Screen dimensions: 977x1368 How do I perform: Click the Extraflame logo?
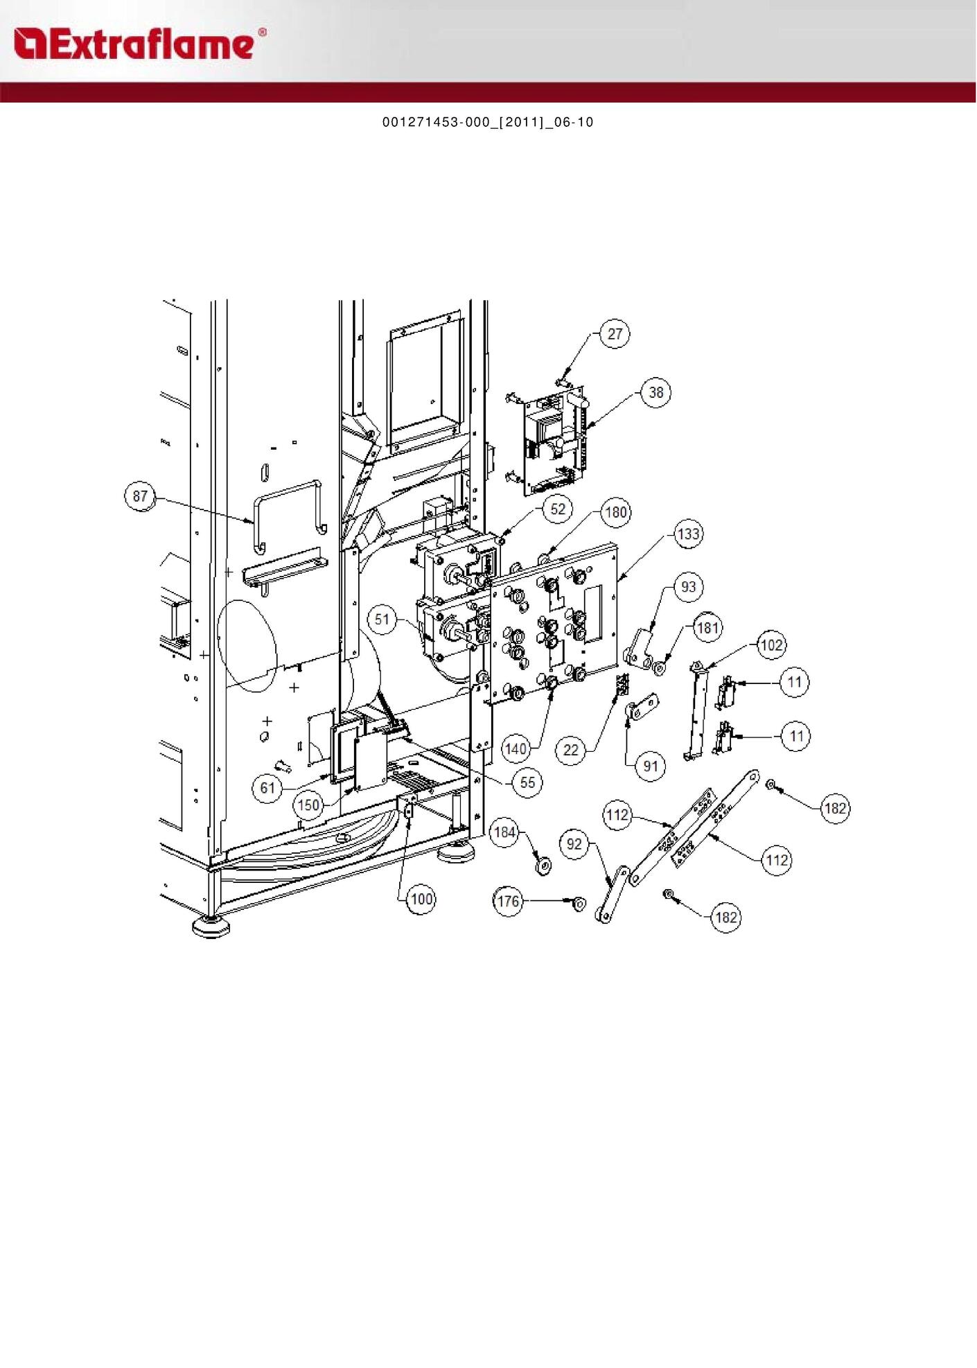pyautogui.click(x=139, y=43)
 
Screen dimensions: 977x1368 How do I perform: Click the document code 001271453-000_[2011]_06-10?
pyautogui.click(x=488, y=123)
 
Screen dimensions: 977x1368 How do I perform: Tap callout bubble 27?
pyautogui.click(x=615, y=334)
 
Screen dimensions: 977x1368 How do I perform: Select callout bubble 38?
pyautogui.click(x=655, y=393)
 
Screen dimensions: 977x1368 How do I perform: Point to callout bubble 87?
pyautogui.click(x=140, y=496)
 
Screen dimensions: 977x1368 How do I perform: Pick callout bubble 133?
pyautogui.click(x=688, y=534)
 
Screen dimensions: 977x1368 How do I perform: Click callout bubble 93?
pyautogui.click(x=688, y=587)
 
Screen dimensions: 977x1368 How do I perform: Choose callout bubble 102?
pyautogui.click(x=771, y=645)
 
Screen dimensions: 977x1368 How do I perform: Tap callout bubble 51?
pyautogui.click(x=382, y=619)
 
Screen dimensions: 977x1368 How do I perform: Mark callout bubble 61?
pyautogui.click(x=267, y=788)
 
